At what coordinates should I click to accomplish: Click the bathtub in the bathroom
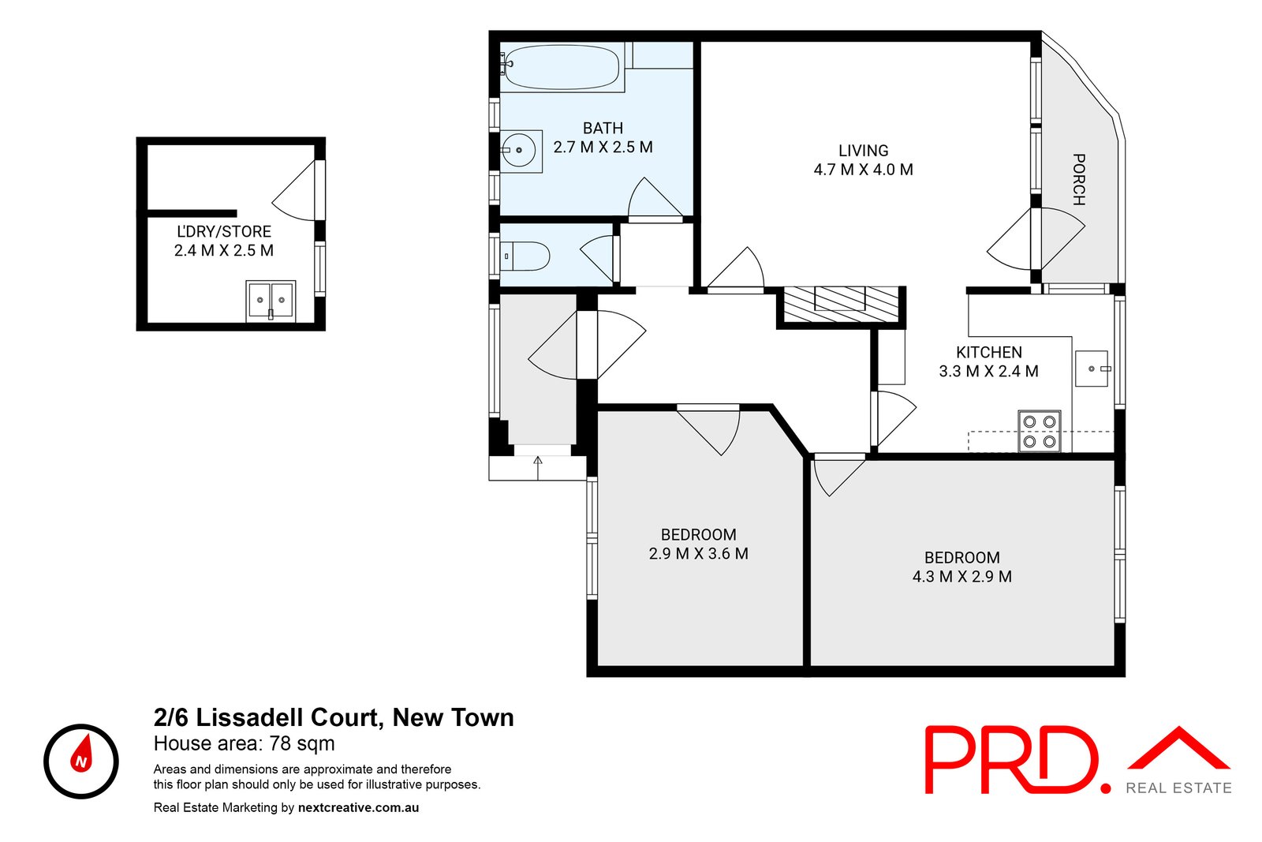(x=561, y=66)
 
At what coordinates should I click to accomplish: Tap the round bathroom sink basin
(x=520, y=150)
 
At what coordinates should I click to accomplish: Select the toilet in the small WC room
(x=528, y=256)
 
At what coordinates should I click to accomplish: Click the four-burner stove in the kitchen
(x=1039, y=431)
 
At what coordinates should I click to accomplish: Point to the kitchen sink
(x=1092, y=369)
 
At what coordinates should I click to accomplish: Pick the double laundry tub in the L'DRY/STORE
(x=270, y=301)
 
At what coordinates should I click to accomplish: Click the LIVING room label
(x=863, y=151)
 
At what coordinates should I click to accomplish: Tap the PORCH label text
(x=1078, y=179)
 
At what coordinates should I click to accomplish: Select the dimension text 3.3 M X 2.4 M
(x=988, y=372)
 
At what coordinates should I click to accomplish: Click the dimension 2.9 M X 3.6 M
(x=698, y=554)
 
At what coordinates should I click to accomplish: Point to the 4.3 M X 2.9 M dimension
(x=961, y=577)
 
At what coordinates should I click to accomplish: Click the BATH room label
(x=603, y=128)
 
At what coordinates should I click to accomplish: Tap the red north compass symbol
(x=81, y=761)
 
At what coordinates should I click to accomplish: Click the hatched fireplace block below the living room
(x=841, y=305)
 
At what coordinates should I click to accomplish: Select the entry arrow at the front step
(x=539, y=467)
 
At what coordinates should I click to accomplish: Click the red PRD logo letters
(x=1014, y=760)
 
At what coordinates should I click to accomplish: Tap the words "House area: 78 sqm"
(x=244, y=743)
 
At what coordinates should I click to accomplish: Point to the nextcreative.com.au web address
(x=358, y=807)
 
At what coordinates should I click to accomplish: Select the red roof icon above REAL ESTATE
(x=1178, y=749)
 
